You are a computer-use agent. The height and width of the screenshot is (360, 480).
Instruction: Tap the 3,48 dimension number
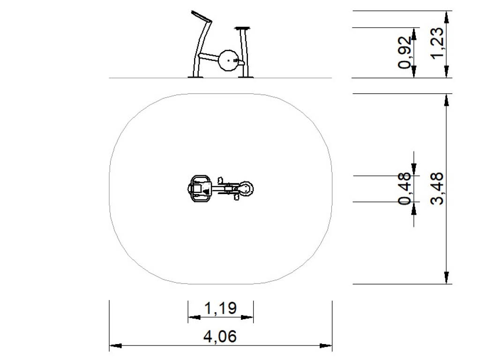coord(436,188)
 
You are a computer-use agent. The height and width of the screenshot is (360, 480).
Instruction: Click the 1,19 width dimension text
coord(220,308)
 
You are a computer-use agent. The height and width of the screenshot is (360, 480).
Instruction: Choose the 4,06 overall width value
coord(220,337)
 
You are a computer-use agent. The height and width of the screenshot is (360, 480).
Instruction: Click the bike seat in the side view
coord(242,29)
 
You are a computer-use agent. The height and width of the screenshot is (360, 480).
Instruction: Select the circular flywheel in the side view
coord(228,60)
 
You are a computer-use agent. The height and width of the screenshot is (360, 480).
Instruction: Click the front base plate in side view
coord(195,77)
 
